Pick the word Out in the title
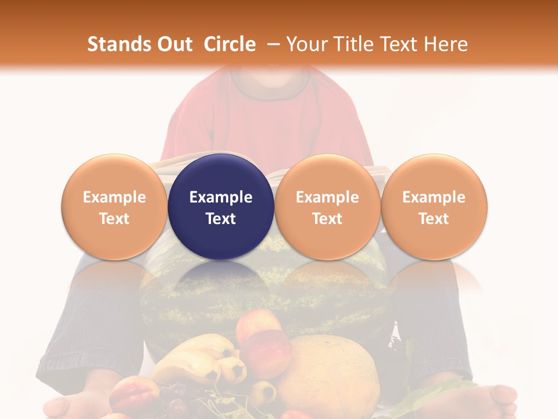[174, 44]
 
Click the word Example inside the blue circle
[221, 197]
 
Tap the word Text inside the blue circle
[221, 219]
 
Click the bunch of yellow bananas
[198, 358]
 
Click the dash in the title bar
[272, 44]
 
